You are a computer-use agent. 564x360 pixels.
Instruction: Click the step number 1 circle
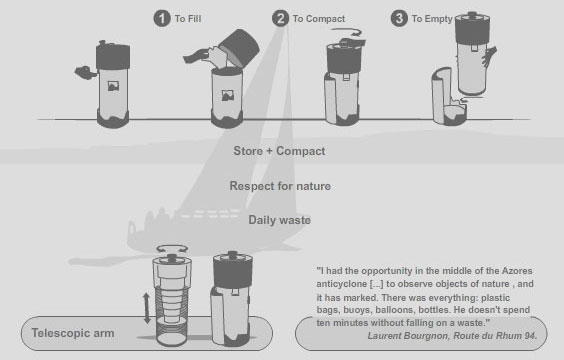pos(162,18)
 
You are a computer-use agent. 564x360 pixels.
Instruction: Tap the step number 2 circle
pos(281,18)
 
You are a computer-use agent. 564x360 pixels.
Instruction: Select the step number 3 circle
pos(399,18)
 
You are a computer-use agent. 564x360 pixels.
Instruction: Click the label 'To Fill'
pos(188,19)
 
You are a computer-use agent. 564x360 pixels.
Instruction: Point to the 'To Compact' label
pos(319,19)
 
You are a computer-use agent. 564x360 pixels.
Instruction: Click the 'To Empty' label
pos(432,19)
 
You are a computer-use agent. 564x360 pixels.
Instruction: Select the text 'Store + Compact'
pos(279,151)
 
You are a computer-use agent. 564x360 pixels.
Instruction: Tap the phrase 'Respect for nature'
pos(280,186)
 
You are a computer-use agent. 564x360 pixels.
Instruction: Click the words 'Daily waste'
pos(279,220)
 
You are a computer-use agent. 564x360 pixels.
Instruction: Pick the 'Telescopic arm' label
pos(73,333)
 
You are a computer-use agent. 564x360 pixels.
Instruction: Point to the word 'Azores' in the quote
pos(517,270)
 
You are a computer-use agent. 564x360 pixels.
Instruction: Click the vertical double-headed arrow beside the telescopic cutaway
pos(146,308)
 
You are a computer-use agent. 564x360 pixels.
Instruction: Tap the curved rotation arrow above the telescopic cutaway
pos(172,249)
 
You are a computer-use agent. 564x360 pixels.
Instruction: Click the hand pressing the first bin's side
pos(86,72)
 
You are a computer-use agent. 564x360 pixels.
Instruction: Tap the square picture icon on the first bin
pos(113,86)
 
